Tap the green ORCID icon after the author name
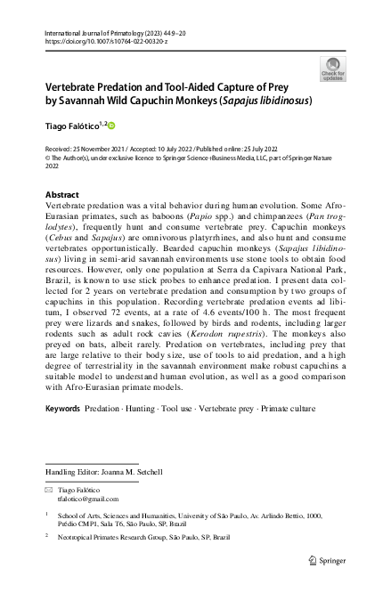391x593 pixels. tap(112, 126)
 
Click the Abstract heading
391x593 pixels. tap(61, 195)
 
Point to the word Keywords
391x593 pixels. tap(62, 433)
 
